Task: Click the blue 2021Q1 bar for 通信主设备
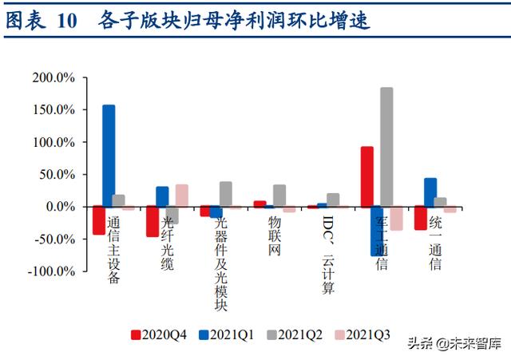tap(109, 156)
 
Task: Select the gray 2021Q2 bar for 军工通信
tap(386, 147)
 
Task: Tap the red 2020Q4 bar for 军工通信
tap(367, 176)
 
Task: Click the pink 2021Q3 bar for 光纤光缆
tap(182, 196)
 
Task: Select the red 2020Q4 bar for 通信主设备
tap(98, 220)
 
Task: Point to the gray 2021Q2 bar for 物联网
tap(279, 196)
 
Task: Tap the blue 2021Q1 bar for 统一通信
tap(430, 192)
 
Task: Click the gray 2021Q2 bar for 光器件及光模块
tap(226, 194)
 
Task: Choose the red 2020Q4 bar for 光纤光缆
tap(152, 221)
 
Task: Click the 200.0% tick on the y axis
tap(54, 77)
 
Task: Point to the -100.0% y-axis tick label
tap(53, 271)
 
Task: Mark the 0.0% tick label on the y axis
tap(59, 207)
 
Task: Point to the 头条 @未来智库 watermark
tap(454, 344)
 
